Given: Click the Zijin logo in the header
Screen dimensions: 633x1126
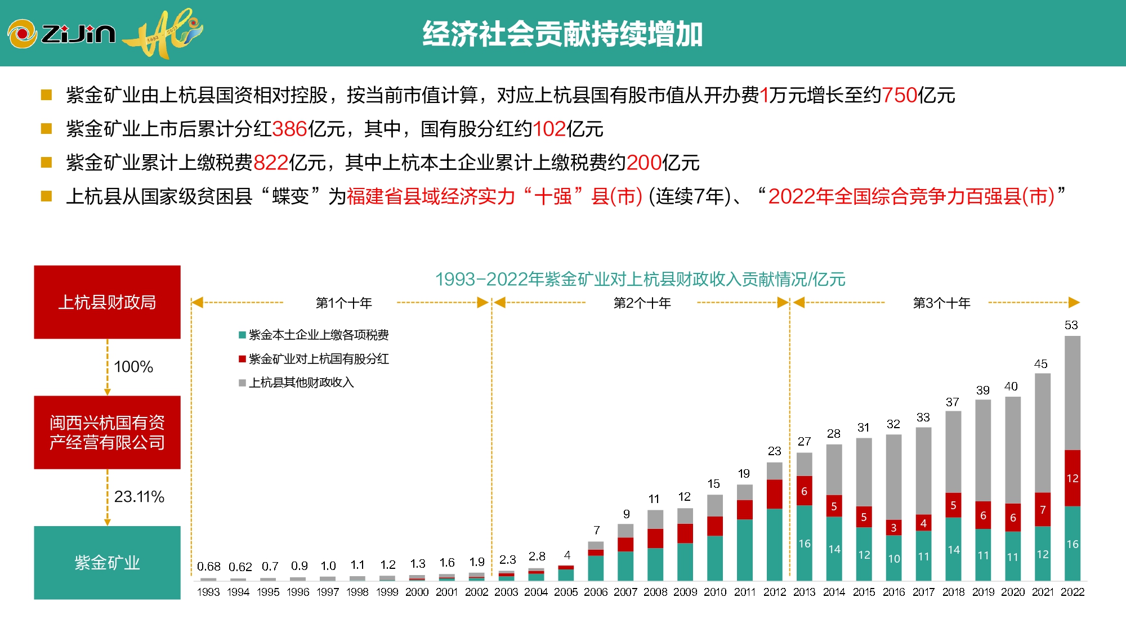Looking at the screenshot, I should coord(62,34).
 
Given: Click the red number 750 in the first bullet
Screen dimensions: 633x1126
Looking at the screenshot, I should coord(899,95).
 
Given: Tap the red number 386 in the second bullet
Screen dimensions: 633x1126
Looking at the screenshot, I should coord(289,129).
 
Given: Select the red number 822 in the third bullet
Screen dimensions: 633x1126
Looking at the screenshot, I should coord(271,163).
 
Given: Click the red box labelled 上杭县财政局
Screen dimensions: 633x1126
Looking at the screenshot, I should coord(107,302).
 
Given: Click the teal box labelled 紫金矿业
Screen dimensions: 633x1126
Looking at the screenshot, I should coord(107,562).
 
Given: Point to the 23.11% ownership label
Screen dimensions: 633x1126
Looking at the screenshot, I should coord(139,496).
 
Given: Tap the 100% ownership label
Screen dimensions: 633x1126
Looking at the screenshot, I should coord(133,366).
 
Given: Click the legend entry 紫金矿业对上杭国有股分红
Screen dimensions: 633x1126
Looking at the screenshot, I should coord(318,359).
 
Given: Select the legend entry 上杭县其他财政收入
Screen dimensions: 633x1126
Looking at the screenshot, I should coord(301,383).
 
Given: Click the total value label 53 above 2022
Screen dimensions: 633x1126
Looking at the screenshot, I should coord(1071,325).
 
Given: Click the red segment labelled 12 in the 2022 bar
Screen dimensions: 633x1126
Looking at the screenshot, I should coord(1072,478).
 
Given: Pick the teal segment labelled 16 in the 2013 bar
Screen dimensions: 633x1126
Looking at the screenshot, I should coord(804,543).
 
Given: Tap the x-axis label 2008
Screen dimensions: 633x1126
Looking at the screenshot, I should coord(655,592).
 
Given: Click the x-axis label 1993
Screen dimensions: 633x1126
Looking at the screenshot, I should coord(208,592).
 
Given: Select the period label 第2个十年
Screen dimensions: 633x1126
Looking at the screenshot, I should coord(642,303).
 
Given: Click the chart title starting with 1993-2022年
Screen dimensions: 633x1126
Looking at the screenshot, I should coord(640,279).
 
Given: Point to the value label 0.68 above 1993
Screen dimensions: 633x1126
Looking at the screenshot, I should coord(208,566).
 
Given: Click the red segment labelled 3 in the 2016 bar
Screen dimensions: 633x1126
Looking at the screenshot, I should coord(893,528).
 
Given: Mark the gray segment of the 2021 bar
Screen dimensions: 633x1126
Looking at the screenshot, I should coord(1042,433).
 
